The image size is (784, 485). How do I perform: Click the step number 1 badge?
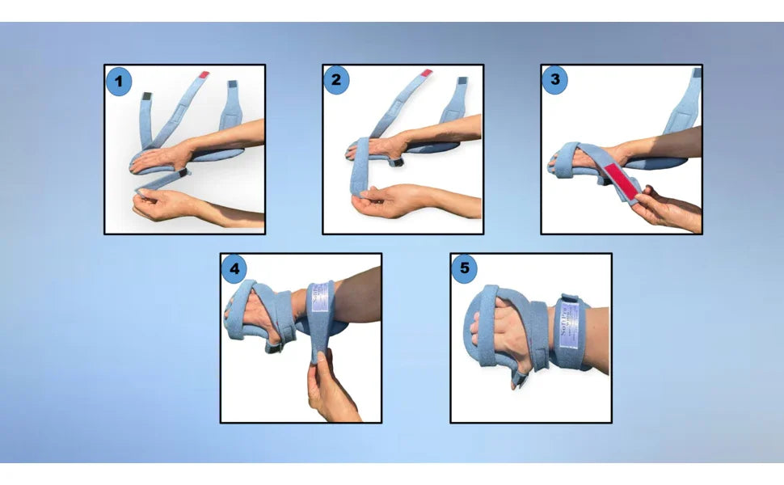pyautogui.click(x=120, y=81)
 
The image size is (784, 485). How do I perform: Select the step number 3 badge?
pyautogui.click(x=554, y=81)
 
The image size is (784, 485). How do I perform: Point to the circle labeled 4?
pyautogui.click(x=234, y=269)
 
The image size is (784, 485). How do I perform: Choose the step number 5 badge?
pyautogui.click(x=464, y=269)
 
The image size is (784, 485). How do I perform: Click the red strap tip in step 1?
pyautogui.click(x=204, y=74)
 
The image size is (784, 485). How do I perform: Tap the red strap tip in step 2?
pyautogui.click(x=426, y=74)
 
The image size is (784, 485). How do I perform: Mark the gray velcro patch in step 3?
pyautogui.click(x=696, y=73)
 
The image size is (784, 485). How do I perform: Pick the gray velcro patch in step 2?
pyautogui.click(x=462, y=82)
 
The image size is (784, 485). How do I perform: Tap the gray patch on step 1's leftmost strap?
pyautogui.click(x=147, y=97)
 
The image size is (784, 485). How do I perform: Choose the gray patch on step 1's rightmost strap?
pyautogui.click(x=233, y=86)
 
